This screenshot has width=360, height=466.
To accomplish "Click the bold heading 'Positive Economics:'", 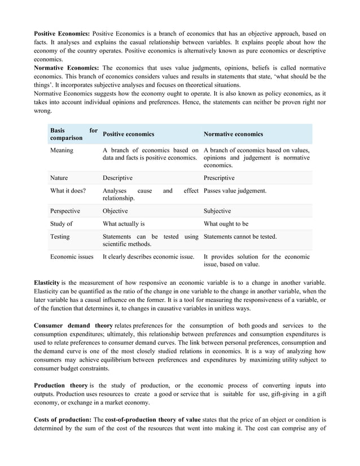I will click(x=62, y=33).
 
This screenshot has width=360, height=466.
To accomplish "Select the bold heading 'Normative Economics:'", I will click(x=66, y=68).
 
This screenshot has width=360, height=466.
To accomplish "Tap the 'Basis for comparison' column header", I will click(x=73, y=134).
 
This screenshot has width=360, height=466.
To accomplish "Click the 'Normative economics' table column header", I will click(x=233, y=134).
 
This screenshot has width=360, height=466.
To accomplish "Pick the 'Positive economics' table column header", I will click(x=128, y=134).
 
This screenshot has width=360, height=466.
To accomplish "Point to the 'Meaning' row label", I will click(x=62, y=151).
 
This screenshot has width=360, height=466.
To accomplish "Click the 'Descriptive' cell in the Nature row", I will click(x=117, y=178).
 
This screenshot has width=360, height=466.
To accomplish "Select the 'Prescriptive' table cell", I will click(x=219, y=178).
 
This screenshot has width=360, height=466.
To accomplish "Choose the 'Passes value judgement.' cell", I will click(x=235, y=191).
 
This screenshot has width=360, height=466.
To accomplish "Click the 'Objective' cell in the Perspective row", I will click(x=115, y=211).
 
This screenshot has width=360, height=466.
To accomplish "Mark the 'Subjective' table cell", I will click(x=217, y=211).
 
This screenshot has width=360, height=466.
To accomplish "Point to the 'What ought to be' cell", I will click(x=226, y=224).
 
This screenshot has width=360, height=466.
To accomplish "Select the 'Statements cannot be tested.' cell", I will click(x=240, y=236).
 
